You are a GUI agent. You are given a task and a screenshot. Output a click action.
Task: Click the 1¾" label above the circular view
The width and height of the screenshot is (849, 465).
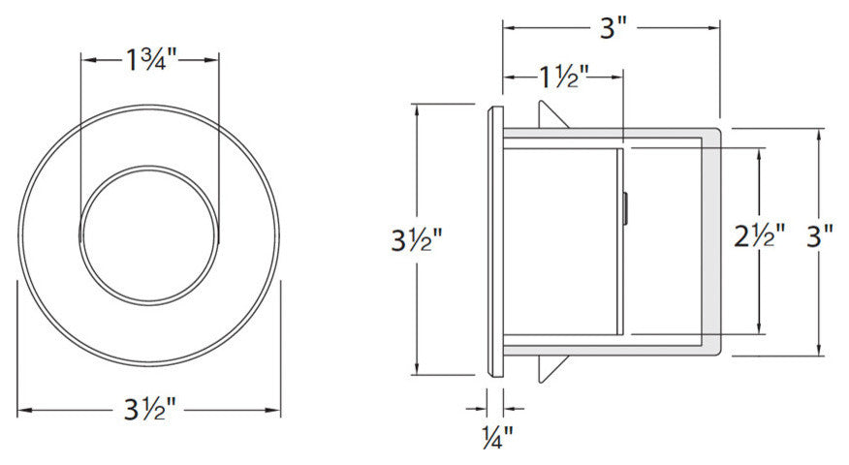coord(150,60)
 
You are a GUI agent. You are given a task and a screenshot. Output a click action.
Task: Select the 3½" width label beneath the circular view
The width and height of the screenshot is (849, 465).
coord(150,411)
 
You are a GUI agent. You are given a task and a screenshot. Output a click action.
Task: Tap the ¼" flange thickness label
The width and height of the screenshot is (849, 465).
coord(495,438)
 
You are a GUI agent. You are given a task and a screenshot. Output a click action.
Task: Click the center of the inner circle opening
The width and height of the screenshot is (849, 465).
coord(150,236)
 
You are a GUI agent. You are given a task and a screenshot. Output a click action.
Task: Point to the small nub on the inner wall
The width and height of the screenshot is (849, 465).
coord(625,208)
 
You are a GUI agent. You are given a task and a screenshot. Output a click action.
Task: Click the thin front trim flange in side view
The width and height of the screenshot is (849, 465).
coord(495,238)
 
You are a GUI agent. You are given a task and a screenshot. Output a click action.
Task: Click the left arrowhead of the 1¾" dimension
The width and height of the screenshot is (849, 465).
coord(85,60)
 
